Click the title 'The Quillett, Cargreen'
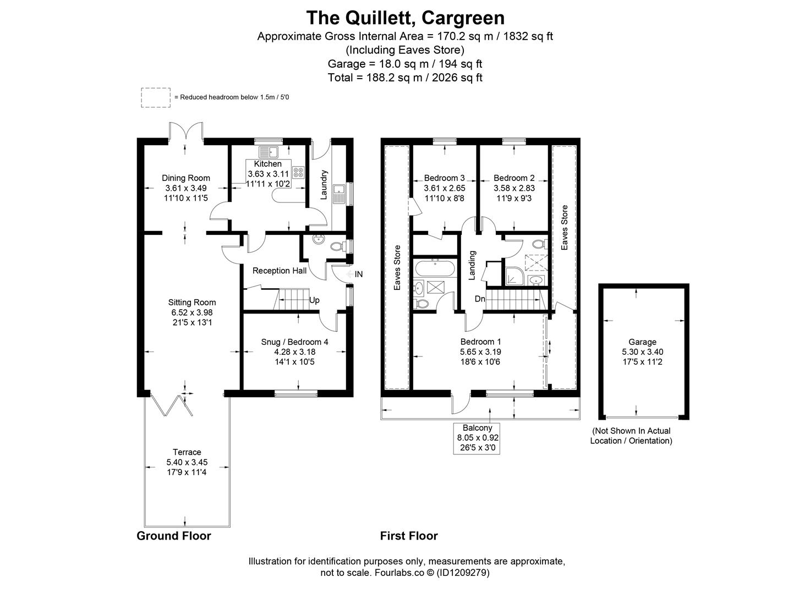point(405,18)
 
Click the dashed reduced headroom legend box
point(155,97)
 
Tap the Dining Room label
point(186,178)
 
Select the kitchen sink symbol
point(269,151)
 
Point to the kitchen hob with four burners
point(299,172)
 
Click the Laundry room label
point(324,184)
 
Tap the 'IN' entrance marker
point(359,274)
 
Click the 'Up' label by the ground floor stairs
point(314,300)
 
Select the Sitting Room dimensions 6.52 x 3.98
point(191,312)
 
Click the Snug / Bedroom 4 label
point(294,342)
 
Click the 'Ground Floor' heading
point(174,536)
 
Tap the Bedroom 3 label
point(445,178)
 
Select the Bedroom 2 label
point(514,178)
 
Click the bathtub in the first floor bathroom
point(434,269)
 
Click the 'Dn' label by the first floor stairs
point(480,299)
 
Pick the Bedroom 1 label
point(480,342)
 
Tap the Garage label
point(643,342)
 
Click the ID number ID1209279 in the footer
point(463,573)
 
